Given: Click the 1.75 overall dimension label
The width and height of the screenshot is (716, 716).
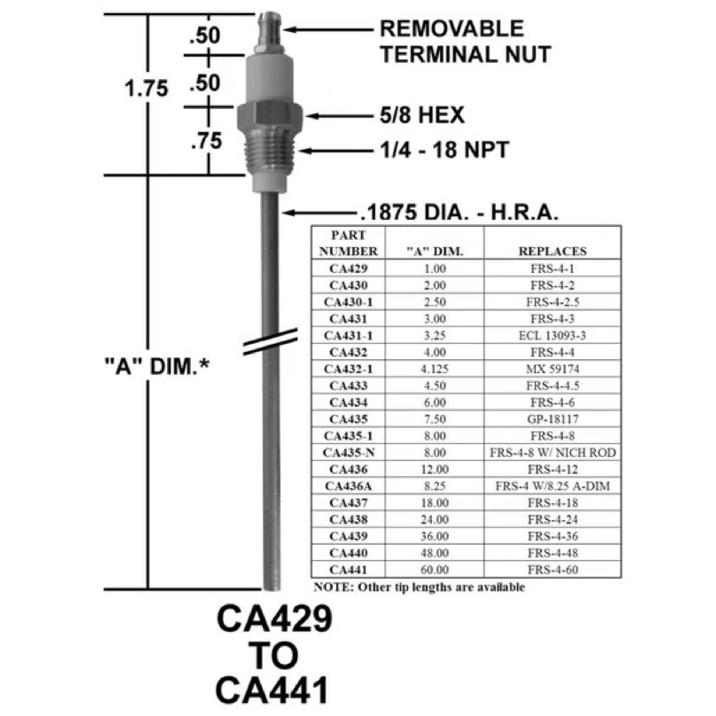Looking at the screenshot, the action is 146,89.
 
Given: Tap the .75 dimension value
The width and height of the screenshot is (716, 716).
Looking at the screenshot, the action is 206,141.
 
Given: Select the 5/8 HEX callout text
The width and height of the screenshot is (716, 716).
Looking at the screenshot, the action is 422,115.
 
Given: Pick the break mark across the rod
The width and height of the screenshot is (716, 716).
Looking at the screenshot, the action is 270,341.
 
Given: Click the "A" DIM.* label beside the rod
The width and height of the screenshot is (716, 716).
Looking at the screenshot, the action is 157,367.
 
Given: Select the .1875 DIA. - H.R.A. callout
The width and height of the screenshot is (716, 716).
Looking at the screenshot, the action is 459,213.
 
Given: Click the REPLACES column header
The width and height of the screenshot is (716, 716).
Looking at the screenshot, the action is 553,251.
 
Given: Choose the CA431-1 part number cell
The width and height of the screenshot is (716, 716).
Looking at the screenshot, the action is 348,336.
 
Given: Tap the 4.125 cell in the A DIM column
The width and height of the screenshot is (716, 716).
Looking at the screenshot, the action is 435,369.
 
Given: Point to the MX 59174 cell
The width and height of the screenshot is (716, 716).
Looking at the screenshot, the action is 553,369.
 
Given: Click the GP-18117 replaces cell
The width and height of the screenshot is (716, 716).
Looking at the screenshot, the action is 553,419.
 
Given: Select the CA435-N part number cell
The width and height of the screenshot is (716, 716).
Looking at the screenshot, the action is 348,453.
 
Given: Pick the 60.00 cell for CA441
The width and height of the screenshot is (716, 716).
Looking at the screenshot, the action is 435,570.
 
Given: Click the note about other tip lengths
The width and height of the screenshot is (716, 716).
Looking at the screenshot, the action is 419,587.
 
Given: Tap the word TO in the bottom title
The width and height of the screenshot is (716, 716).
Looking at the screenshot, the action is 273,656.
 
